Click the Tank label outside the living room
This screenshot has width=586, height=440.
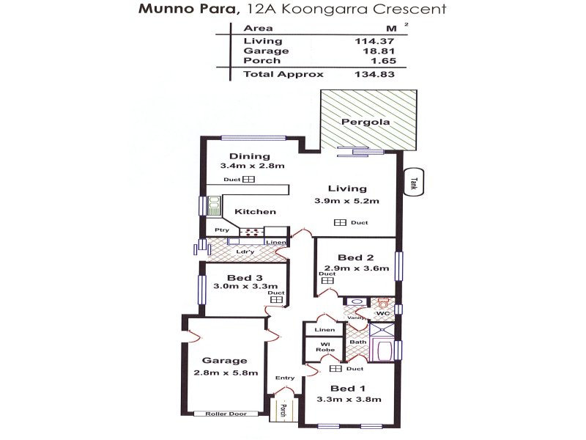click(x=413, y=183)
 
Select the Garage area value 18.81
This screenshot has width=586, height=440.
click(x=379, y=51)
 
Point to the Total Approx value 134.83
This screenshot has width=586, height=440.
click(x=374, y=74)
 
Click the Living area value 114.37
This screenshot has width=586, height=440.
click(x=374, y=41)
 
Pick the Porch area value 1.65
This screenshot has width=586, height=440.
click(x=384, y=61)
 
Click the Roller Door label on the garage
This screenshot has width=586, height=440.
click(x=226, y=414)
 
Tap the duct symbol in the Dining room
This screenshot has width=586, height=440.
click(x=248, y=179)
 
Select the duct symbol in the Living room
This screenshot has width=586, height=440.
click(x=340, y=223)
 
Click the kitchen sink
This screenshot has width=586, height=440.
click(x=214, y=206)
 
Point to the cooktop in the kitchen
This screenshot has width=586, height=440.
click(x=251, y=232)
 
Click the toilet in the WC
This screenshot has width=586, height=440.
click(x=382, y=302)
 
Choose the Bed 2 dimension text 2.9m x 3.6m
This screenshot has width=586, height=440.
click(x=357, y=268)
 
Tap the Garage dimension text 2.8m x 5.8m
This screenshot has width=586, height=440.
click(x=226, y=373)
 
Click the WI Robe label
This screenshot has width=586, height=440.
click(x=325, y=347)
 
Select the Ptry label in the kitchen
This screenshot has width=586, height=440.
click(x=222, y=230)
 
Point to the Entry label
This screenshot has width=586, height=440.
click(x=285, y=378)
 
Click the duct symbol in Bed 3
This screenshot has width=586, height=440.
click(x=277, y=299)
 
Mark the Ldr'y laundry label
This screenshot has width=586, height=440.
click(x=245, y=252)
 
